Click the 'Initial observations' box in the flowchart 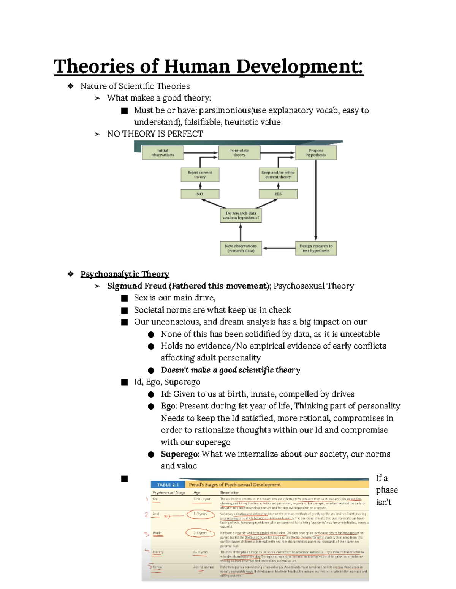click(163, 153)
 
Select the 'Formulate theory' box click(239, 153)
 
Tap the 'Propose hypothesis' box click(316, 153)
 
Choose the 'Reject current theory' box click(200, 175)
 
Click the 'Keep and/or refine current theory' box click(278, 175)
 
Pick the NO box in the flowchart click(200, 194)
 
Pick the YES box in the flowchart click(278, 194)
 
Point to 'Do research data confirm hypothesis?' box click(241, 215)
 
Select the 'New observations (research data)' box click(241, 248)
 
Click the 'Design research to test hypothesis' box click(316, 248)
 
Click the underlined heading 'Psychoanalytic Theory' click(125, 274)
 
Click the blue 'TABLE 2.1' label click(168, 485)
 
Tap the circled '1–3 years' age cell click(200, 514)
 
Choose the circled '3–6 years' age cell click(200, 533)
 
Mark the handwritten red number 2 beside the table click(147, 515)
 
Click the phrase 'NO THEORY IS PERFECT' click(155, 134)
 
